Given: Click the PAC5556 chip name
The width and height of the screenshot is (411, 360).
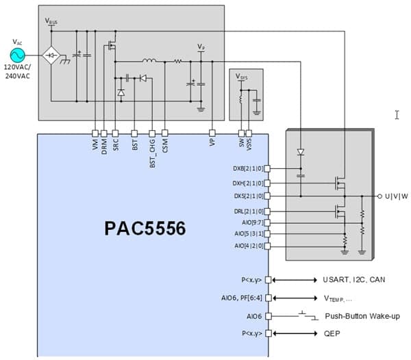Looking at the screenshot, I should tap(145, 229).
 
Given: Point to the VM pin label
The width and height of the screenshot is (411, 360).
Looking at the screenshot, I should tap(95, 146).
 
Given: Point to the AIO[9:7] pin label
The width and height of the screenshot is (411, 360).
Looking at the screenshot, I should tap(252, 223).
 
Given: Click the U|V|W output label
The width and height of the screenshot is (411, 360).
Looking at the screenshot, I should tap(395, 196).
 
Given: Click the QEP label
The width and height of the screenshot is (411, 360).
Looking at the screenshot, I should tap(331, 333).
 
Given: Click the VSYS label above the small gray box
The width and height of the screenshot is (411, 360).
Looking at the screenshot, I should tap(242, 77).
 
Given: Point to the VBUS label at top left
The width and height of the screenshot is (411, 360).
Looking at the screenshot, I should tap(51, 21).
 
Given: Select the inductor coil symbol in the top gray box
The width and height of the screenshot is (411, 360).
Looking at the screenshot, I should tap(148, 60).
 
